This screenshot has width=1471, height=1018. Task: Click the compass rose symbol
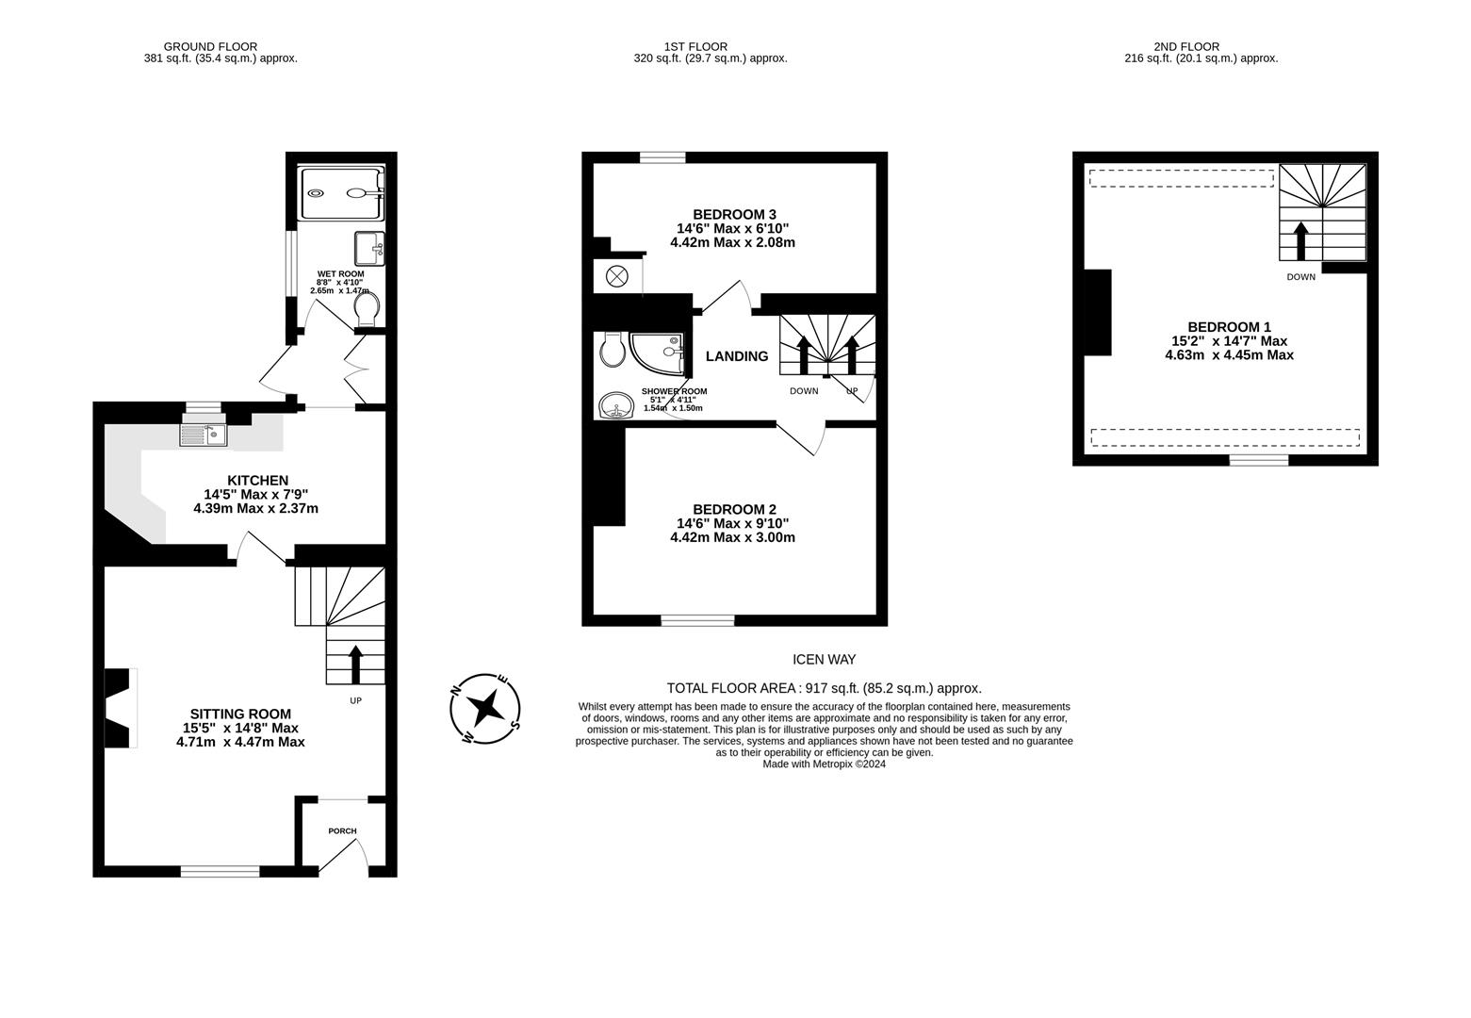pos(485,709)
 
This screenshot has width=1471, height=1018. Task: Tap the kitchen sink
pos(203,435)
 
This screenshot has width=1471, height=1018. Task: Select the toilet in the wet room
pos(367,309)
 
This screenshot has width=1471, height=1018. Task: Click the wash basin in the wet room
pos(369,248)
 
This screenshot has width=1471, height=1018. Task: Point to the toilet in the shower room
pos(612,350)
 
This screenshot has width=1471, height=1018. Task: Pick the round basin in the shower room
pos(616,405)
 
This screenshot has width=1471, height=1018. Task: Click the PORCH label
pos(342,830)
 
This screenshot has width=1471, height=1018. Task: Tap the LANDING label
pos(737,356)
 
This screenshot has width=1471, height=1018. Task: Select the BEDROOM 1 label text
pos(1230,326)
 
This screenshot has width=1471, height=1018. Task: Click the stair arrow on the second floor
pos(1301,241)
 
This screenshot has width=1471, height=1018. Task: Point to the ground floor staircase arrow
pos(355,665)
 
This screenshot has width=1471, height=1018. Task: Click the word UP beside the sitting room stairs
pos(355,700)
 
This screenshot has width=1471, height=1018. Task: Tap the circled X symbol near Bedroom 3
pos(616,276)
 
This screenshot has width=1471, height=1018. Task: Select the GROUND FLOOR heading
pos(210,46)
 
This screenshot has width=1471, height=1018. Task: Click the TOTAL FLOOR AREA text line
pos(825,688)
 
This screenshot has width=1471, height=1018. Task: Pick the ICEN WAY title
pos(825,660)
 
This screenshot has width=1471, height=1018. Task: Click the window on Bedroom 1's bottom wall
pos(1258,460)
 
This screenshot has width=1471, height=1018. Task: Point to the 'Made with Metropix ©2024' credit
pos(825,763)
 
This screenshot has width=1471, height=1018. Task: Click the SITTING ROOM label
pos(240,714)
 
